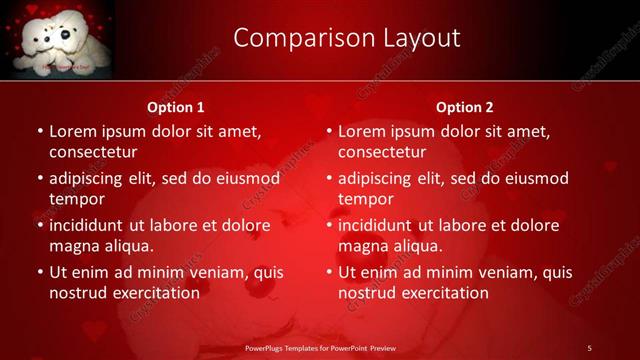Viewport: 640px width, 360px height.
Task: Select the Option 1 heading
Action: [176, 107]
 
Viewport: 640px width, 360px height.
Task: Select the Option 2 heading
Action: [465, 107]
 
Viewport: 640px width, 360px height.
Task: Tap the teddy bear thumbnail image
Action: [57, 38]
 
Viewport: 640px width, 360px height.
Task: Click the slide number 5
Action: [589, 347]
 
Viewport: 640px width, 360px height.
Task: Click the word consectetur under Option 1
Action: [93, 152]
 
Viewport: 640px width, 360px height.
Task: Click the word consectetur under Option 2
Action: [382, 152]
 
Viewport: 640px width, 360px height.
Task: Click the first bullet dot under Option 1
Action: [40, 132]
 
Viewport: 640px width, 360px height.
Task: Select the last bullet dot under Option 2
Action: [329, 272]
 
